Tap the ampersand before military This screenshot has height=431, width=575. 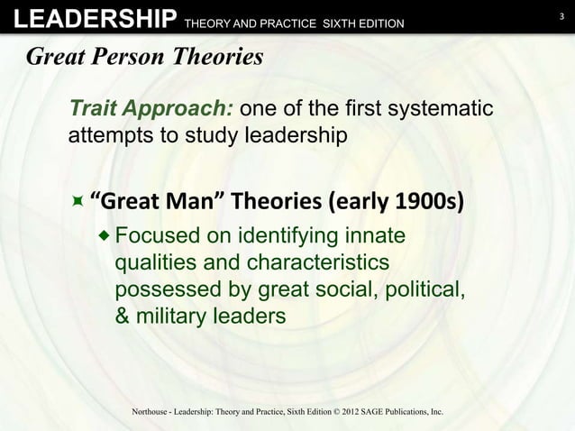[123, 317]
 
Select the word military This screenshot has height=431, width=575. [171, 317]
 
